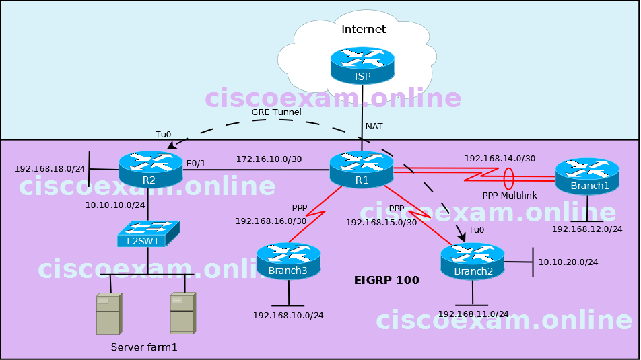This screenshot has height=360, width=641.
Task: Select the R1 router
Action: coord(362,170)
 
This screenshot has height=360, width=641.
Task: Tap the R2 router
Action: coord(150,170)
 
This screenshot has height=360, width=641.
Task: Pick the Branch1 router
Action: coord(587,177)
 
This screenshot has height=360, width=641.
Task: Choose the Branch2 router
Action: coord(472,262)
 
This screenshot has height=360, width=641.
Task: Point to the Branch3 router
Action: coord(288,262)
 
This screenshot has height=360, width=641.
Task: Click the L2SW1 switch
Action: coord(148,233)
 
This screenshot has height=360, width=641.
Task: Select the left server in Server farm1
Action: coord(108,314)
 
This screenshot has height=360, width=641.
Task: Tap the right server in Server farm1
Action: coord(182,314)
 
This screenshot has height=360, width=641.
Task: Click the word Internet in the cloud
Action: coord(364,29)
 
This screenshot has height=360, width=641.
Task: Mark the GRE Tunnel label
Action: coord(276,112)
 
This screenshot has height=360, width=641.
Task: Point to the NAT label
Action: coord(374,126)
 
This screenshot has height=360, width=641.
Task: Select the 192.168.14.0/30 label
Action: coord(499,159)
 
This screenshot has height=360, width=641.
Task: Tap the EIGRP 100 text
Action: coord(386,280)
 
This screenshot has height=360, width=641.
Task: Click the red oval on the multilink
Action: coord(509,179)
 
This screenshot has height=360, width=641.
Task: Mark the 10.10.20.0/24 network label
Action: coord(568,262)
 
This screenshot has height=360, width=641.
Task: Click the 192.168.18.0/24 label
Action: coord(50,169)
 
